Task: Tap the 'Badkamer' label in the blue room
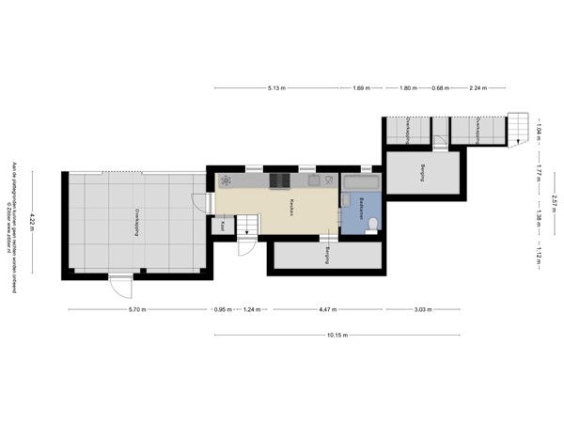[x=361, y=207]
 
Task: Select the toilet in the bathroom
[x=373, y=224]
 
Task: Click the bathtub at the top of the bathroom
[x=361, y=180]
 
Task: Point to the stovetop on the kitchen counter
[x=279, y=180]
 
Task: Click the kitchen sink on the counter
[x=312, y=180]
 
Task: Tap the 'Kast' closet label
[x=223, y=226]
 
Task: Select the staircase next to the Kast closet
[x=247, y=226]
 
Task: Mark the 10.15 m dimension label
[x=337, y=335]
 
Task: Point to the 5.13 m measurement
[x=275, y=88]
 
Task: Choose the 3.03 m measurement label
[x=422, y=310]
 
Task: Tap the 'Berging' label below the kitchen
[x=326, y=256]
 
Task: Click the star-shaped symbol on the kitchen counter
[x=225, y=180]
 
